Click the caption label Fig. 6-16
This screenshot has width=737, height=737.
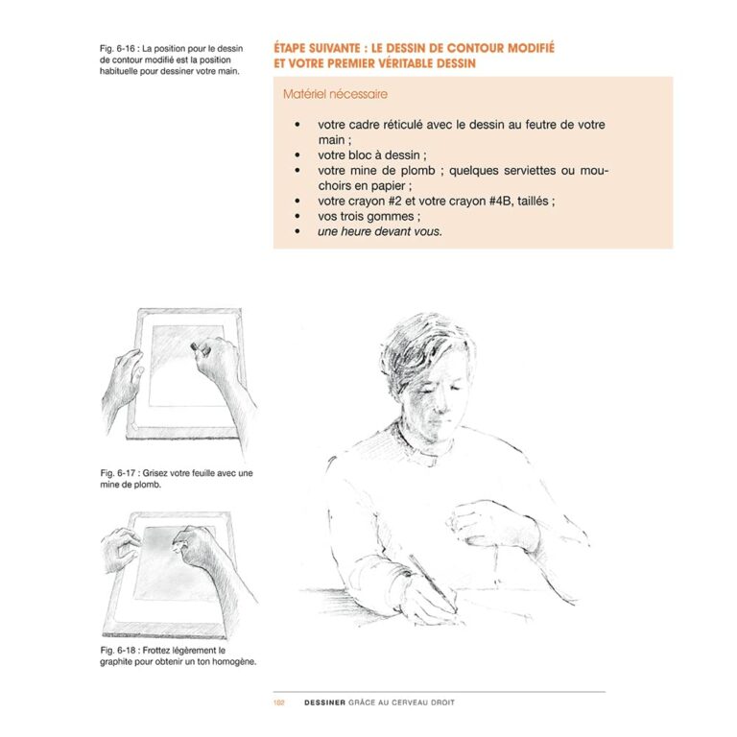coord(118,47)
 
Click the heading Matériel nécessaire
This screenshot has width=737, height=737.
coord(336,95)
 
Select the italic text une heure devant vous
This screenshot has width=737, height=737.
coord(380,231)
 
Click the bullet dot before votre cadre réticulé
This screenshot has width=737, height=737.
coord(298,126)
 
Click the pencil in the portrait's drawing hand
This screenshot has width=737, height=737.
coord(431,578)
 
